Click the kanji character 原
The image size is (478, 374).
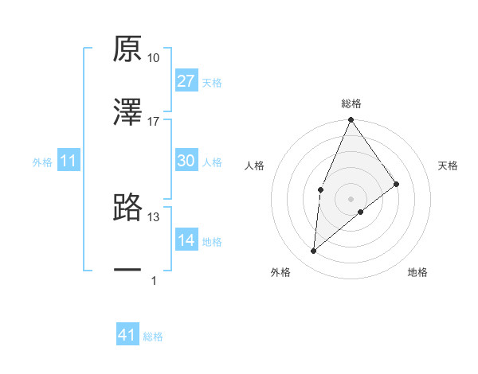click(x=127, y=49)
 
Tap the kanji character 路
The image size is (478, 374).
click(x=127, y=207)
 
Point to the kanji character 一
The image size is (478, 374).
click(x=127, y=271)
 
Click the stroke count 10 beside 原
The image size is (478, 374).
click(x=154, y=58)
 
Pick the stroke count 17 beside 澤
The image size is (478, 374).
click(x=154, y=122)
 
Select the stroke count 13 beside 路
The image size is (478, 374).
click(x=154, y=216)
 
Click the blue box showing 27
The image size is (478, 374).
click(x=186, y=81)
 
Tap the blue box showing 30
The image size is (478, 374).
click(x=186, y=161)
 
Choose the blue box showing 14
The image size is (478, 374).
click(x=186, y=240)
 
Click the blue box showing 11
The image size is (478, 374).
click(x=69, y=162)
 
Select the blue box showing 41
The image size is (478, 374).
click(x=127, y=336)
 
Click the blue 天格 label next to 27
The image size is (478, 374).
click(x=212, y=83)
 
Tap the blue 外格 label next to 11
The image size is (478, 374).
click(x=42, y=162)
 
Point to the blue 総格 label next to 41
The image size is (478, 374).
click(x=153, y=337)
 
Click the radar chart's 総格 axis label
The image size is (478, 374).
click(x=351, y=104)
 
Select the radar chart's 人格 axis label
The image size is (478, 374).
click(x=255, y=166)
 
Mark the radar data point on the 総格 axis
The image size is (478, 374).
click(x=351, y=120)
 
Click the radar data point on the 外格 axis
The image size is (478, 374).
click(x=314, y=251)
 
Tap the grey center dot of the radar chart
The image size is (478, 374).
click(x=351, y=198)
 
